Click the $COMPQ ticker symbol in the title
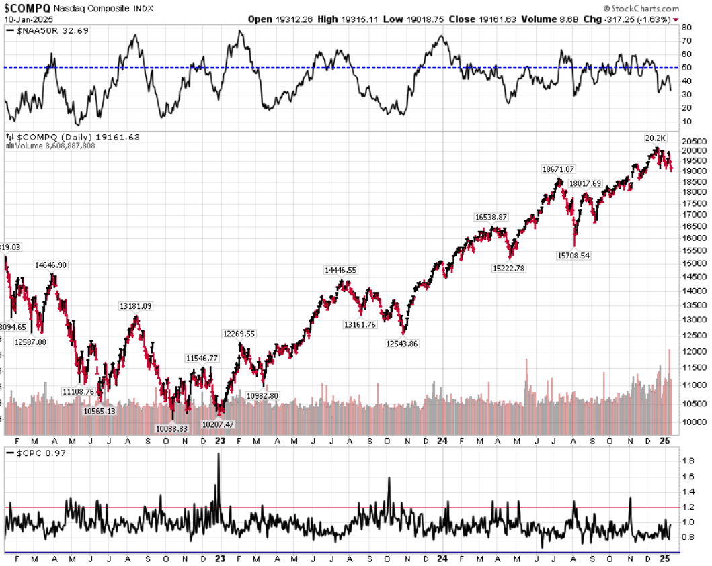pyautogui.click(x=26, y=8)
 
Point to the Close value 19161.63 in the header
pyautogui.click(x=480, y=19)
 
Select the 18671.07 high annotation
pyautogui.click(x=562, y=170)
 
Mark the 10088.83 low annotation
pyautogui.click(x=173, y=428)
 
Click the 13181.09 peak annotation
pyautogui.click(x=136, y=306)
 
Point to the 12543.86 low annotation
pyautogui.click(x=402, y=343)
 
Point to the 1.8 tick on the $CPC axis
pyautogui.click(x=688, y=461)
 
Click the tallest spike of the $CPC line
pyautogui.click(x=219, y=455)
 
